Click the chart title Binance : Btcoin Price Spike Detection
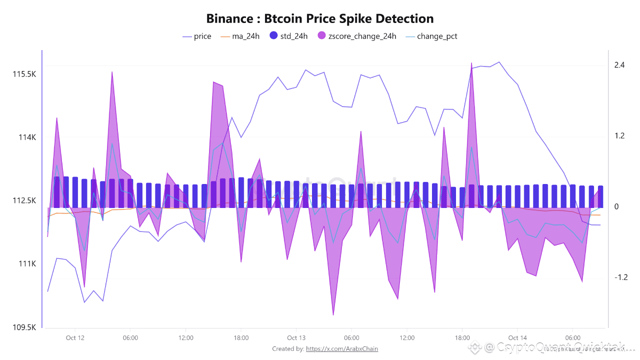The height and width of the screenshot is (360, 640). click(320, 19)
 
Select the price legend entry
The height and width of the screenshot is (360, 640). click(197, 36)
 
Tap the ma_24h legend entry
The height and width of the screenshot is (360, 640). click(240, 36)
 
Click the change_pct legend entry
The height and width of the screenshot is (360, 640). click(431, 36)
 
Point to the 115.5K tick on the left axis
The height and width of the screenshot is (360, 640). click(24, 74)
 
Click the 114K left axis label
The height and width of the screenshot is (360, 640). click(28, 137)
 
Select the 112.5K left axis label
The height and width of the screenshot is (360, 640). click(24, 201)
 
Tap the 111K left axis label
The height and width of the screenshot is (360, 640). click(28, 264)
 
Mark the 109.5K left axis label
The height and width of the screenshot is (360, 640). click(24, 327)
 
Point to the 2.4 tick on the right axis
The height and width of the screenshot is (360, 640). click(619, 65)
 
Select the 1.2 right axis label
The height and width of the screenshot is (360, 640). click(619, 136)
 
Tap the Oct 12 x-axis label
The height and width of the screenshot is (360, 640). click(75, 338)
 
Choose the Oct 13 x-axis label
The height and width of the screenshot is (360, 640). click(296, 338)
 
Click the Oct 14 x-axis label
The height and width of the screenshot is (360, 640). click(517, 338)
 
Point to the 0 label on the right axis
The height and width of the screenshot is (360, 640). click(616, 207)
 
